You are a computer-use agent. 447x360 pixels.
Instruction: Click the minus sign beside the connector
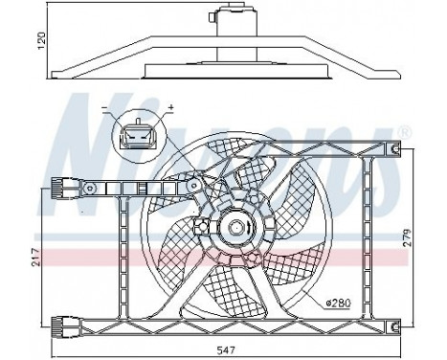[x=104, y=106]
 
